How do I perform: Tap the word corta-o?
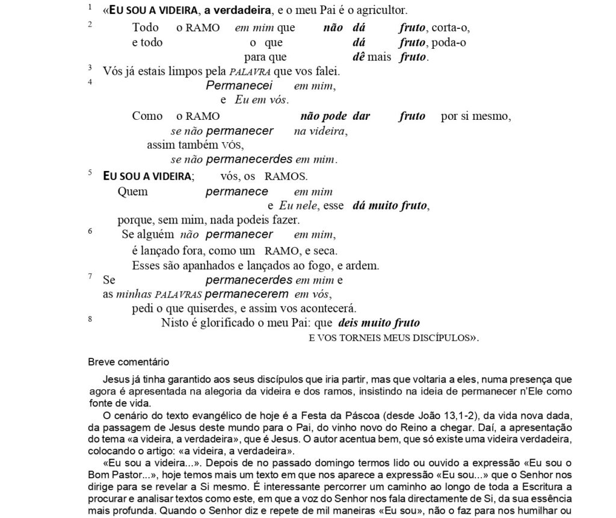[x=451, y=27]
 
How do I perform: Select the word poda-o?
[x=449, y=42]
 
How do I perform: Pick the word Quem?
[x=132, y=192]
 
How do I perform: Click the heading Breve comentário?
[x=128, y=363]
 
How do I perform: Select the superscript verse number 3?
[x=90, y=67]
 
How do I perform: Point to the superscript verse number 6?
[x=90, y=231]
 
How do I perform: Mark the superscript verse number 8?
[x=90, y=319]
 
